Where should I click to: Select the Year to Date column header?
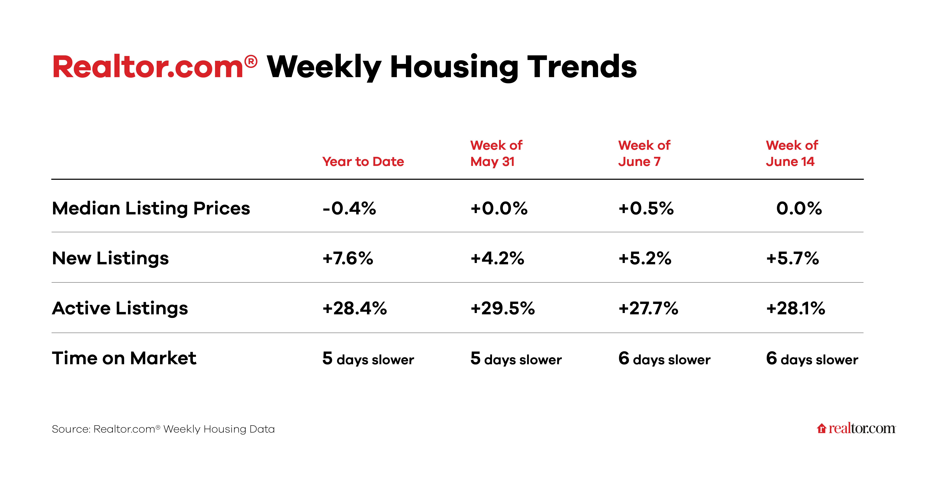pyautogui.click(x=363, y=162)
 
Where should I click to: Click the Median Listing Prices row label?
pyautogui.click(x=151, y=208)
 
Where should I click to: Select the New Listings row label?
pyautogui.click(x=110, y=258)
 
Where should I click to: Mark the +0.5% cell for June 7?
pyautogui.click(x=646, y=208)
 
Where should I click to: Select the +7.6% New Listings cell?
pyautogui.click(x=348, y=258)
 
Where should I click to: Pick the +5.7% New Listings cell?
pyautogui.click(x=792, y=258)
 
